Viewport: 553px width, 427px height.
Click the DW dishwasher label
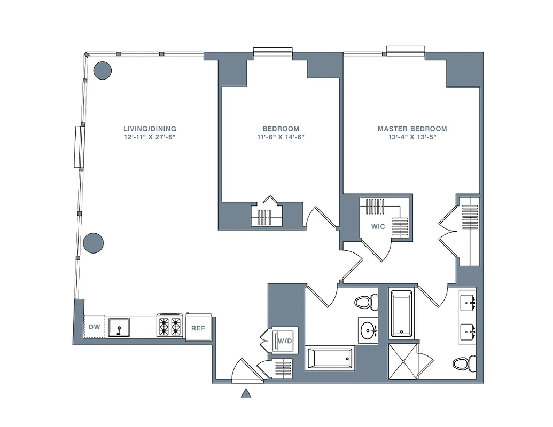pos(94,327)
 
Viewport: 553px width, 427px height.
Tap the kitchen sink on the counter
pos(119,327)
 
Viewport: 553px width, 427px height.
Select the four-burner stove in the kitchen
pos(169,327)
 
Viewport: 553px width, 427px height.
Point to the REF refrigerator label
pos(199,328)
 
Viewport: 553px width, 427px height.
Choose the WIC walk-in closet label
pos(378,227)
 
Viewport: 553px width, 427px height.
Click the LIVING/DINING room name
pos(150,129)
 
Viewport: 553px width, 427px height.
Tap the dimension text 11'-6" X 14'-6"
pos(281,137)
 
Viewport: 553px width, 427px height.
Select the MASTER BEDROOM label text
pos(412,129)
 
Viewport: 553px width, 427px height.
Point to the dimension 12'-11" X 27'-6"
pos(150,137)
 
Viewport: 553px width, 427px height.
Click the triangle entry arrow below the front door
pos(246,394)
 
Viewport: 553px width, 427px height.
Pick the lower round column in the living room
pos(93,243)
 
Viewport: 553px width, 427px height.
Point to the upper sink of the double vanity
pos(468,303)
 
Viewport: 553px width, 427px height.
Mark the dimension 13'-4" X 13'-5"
pos(412,137)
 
